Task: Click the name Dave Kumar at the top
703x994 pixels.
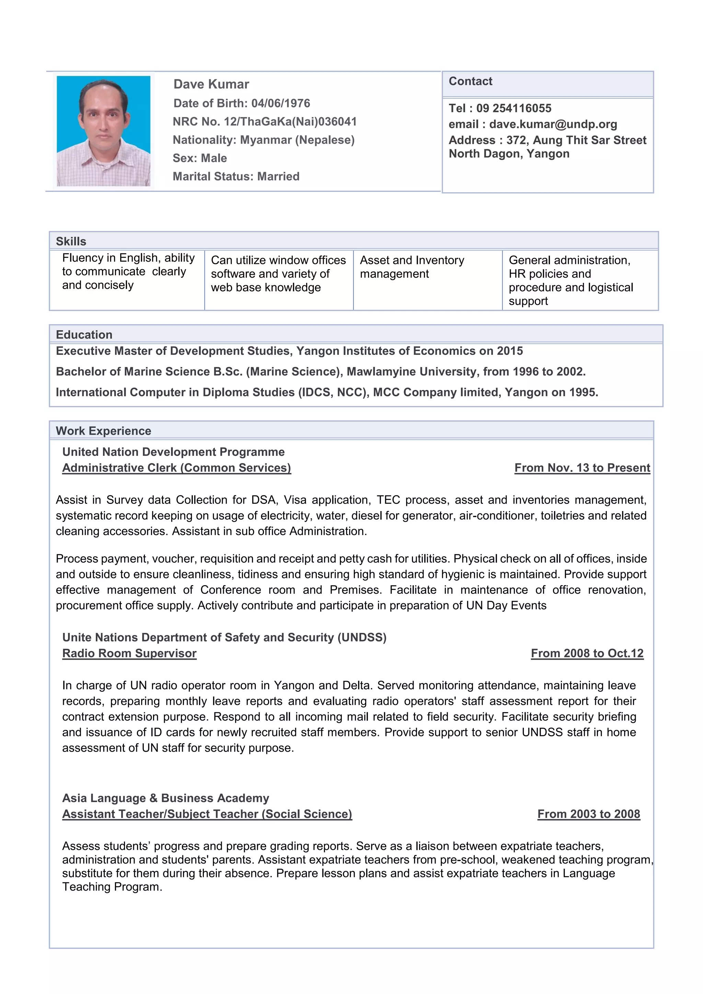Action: coord(211,84)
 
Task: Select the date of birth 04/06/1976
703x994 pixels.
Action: coord(280,103)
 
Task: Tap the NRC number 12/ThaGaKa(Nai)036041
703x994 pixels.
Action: coord(290,122)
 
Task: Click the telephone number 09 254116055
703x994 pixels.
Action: coord(514,108)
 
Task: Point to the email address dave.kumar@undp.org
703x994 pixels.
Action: coord(553,124)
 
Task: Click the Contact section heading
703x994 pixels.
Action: coord(470,81)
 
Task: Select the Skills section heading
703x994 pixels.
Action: coord(71,241)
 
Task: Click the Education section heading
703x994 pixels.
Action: coord(84,335)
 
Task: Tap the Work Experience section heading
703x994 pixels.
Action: coord(103,431)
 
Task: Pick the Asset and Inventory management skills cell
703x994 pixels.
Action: coord(412,267)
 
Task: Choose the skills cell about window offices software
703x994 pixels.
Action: coord(278,274)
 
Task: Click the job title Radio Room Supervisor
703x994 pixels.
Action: coord(129,653)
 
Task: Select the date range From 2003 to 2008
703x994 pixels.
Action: coord(588,814)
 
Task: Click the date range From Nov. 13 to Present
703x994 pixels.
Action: coord(582,467)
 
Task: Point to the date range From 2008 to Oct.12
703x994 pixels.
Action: coord(587,653)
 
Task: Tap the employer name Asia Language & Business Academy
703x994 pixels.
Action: coord(165,798)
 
